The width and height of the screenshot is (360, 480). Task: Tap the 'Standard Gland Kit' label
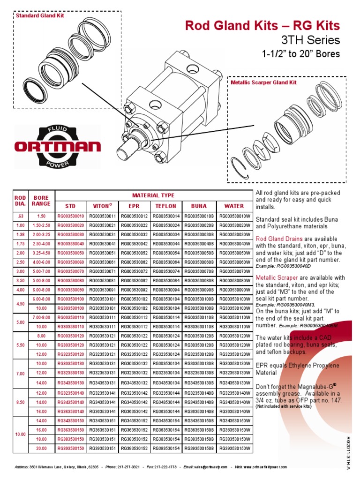[x=40, y=15]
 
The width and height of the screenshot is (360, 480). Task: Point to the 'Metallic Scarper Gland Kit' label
[x=264, y=82]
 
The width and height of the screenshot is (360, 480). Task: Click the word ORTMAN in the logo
[x=58, y=146]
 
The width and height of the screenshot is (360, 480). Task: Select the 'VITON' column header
[x=103, y=206]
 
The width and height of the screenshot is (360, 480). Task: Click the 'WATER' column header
[x=234, y=206]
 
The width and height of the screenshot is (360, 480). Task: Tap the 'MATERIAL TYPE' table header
[x=153, y=195]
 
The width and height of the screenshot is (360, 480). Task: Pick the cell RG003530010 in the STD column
[x=71, y=216]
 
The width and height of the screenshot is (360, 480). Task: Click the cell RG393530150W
[x=234, y=449]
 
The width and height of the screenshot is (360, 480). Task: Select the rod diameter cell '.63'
[x=20, y=216]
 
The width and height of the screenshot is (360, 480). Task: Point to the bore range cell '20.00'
[x=41, y=449]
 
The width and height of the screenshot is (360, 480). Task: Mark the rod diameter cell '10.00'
[x=20, y=435]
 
